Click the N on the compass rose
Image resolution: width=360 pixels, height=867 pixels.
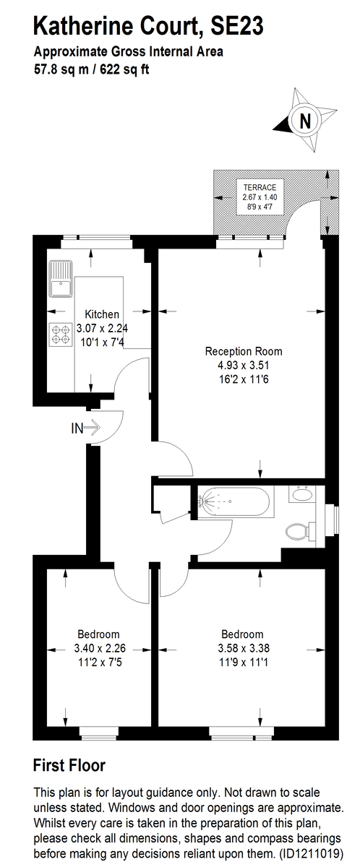pos(305,121)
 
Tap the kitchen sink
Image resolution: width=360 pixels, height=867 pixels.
pos(61,278)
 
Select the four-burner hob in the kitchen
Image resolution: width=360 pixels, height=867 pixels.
pos(61,335)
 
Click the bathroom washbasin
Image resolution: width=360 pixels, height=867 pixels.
pos(301,494)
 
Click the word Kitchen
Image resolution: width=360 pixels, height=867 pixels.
pos(102,314)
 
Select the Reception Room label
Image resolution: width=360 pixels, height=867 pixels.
pos(244,351)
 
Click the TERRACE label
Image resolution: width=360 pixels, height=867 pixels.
pos(260,188)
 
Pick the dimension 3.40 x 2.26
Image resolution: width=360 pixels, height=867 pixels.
pos(100,647)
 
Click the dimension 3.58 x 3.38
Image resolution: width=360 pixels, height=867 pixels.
pos(244,647)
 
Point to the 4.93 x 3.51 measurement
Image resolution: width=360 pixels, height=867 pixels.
pos(244,365)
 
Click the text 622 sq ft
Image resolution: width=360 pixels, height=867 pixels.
pos(124,69)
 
